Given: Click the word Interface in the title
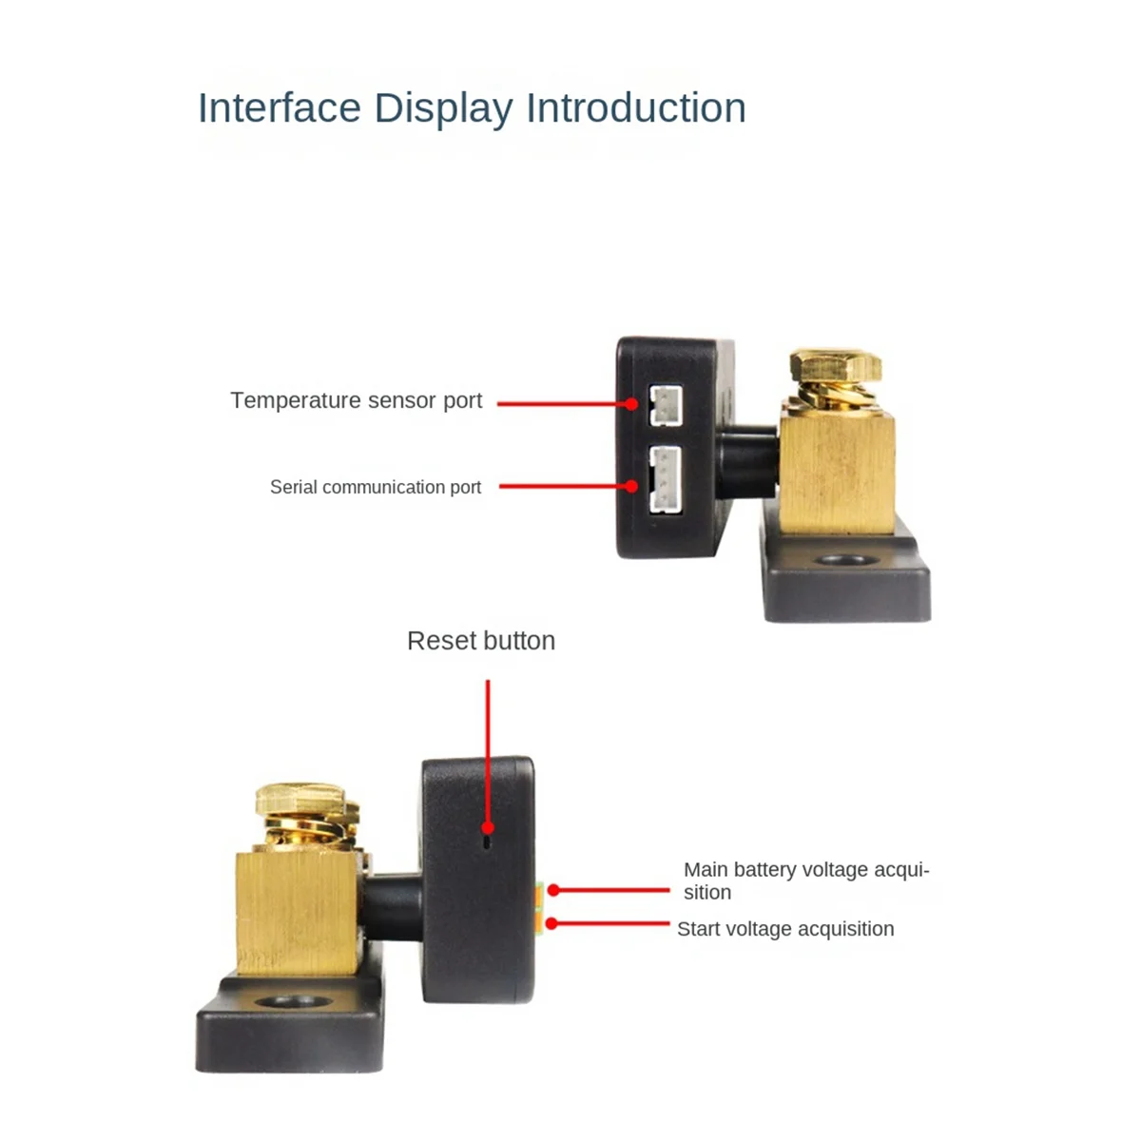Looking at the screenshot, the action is click(x=279, y=107).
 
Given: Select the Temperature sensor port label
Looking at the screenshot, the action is click(x=356, y=400).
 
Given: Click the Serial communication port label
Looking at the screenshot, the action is click(x=376, y=487).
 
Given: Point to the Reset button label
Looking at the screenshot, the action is click(x=480, y=641).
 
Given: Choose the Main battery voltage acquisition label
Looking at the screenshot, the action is click(x=805, y=880).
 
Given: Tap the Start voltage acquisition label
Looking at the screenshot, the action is click(x=785, y=929).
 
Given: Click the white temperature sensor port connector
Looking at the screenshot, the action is click(x=664, y=404).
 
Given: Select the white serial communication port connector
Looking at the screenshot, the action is click(x=665, y=480).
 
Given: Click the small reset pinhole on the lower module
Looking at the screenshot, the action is click(x=488, y=841).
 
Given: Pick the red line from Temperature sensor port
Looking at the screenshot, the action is click(x=563, y=403).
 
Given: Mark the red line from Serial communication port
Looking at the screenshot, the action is click(x=565, y=486).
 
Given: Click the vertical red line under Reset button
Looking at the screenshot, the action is click(x=488, y=751).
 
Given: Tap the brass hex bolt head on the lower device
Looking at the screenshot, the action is click(x=300, y=800).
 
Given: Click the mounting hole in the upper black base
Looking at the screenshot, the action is click(x=845, y=561).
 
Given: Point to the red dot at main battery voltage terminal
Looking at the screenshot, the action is click(x=553, y=890).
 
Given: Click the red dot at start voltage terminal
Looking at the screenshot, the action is click(x=551, y=923).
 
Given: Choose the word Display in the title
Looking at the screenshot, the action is click(x=443, y=107).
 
